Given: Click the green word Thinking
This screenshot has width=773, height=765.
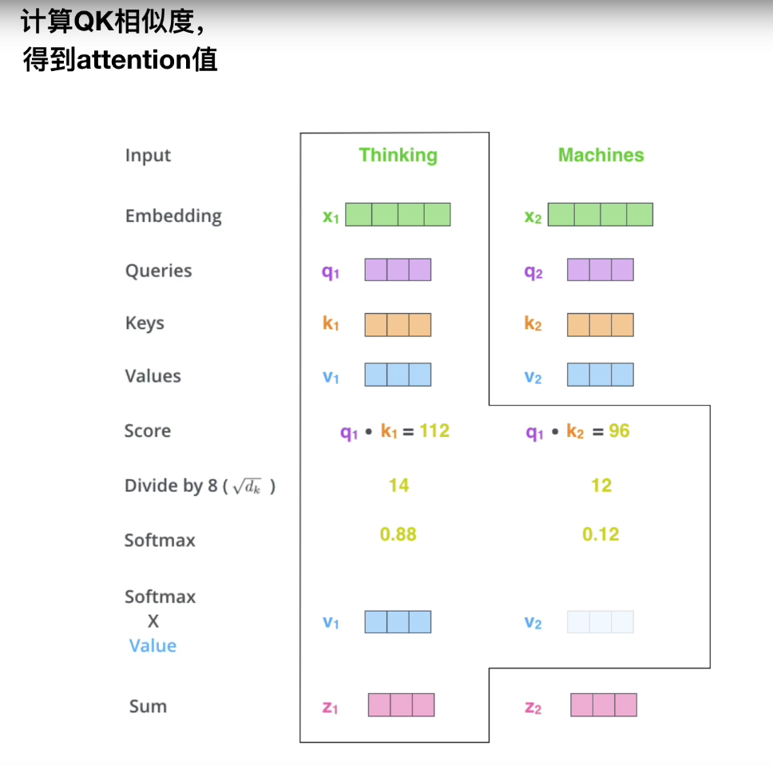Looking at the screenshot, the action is (398, 155).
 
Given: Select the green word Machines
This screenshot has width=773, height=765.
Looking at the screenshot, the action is (601, 155).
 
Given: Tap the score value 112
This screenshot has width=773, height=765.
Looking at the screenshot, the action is (434, 431).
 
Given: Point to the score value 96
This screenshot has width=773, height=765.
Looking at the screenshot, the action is (619, 431).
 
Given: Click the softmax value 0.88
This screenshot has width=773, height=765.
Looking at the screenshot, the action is (398, 534).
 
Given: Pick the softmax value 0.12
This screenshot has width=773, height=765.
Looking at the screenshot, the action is (601, 534).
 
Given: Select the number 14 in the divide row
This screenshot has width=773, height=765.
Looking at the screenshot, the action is (398, 485).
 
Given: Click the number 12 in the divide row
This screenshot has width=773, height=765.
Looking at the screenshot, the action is (601, 485).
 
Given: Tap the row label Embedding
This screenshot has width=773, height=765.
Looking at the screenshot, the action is (173, 216).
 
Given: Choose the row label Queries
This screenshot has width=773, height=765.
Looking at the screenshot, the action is (158, 271).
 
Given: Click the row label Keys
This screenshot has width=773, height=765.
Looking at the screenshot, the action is (145, 323).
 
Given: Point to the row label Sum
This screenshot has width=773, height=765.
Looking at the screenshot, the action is (148, 706).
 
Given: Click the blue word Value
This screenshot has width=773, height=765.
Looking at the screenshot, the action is (153, 645).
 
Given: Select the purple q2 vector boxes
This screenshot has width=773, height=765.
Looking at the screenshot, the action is (600, 270).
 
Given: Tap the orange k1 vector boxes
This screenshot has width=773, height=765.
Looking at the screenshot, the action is (398, 325).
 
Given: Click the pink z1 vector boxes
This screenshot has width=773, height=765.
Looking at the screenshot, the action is (401, 704).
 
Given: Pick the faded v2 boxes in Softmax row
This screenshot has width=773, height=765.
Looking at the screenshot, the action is (600, 622).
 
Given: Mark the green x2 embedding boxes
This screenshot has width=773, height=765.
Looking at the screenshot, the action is (600, 215).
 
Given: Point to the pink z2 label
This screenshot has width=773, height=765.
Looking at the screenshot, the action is (533, 707).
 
